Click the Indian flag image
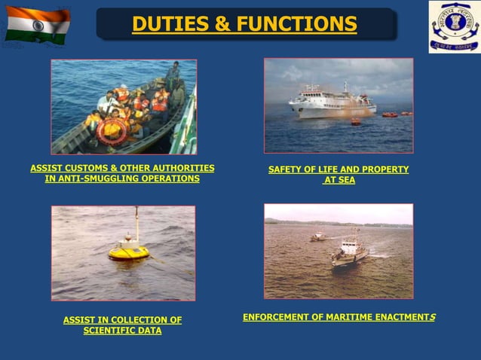pos(37,25)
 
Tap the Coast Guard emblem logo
pos(454,26)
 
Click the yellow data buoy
pos(128,252)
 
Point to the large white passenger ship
pos(332,102)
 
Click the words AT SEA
pos(339,181)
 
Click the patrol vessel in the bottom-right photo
pos(348,252)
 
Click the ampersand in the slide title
pos(222,25)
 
